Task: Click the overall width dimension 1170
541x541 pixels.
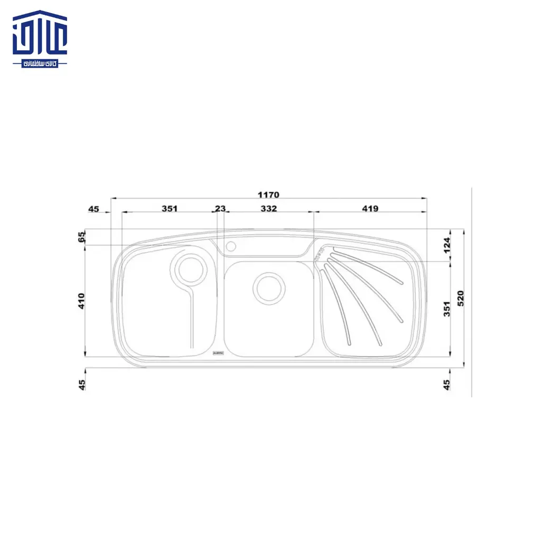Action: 268,195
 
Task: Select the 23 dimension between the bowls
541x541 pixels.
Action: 220,209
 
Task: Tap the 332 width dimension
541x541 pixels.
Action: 268,209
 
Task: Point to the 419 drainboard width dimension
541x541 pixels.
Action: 370,209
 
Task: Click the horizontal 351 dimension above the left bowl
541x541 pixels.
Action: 169,209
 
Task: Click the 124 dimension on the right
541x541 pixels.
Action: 446,245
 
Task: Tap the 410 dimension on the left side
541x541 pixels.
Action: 82,301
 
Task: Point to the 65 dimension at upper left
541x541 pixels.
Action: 82,237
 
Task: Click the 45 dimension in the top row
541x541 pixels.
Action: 94,209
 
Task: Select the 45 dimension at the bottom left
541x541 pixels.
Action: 82,385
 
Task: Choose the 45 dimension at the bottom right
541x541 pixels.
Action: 446,385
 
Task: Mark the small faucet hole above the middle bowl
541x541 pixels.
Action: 231,246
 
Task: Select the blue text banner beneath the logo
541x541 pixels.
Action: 40,63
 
